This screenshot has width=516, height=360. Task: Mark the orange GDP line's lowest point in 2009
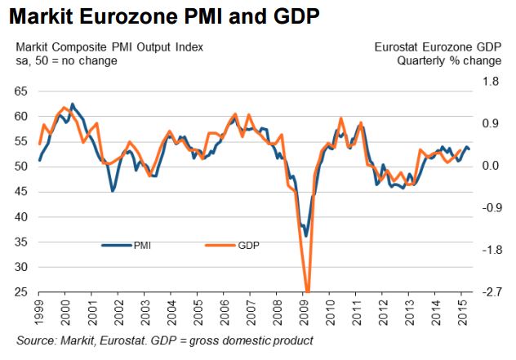(x=308, y=291)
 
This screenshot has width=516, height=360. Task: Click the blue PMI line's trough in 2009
(x=306, y=236)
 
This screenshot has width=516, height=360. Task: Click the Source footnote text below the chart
(x=163, y=340)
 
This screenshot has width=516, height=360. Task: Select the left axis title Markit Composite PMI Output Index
(x=105, y=47)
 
